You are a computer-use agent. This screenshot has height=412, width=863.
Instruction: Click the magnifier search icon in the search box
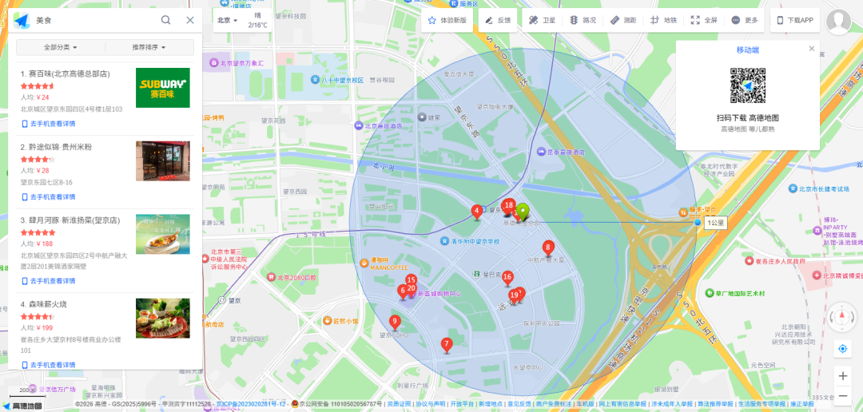point(165,20)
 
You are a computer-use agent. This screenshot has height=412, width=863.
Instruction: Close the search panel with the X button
point(189,20)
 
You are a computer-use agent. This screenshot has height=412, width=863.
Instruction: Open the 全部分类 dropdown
point(61,48)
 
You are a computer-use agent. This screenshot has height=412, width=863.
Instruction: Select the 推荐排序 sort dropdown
point(149,48)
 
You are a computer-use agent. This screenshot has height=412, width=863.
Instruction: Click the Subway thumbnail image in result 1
point(163,87)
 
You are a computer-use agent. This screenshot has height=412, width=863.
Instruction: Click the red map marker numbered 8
point(548,248)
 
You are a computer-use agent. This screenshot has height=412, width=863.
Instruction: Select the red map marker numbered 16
point(507,278)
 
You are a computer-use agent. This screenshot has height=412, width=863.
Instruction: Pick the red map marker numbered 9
point(395,323)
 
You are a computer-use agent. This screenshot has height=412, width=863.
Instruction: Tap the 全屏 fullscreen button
point(704,21)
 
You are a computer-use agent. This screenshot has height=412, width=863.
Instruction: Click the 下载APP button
point(794,21)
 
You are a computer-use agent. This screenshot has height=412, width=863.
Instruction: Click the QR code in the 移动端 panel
point(748,85)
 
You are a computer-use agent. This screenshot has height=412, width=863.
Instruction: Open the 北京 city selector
point(227,20)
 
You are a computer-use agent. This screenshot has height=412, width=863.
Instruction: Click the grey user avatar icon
point(838,22)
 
